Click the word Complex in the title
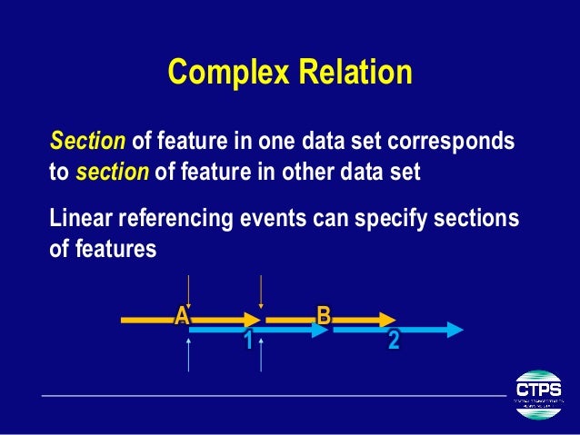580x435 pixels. click(224, 72)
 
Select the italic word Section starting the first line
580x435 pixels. click(88, 143)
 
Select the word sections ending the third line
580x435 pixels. click(484, 220)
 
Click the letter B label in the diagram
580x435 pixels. click(323, 314)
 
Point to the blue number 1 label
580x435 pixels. click(246, 341)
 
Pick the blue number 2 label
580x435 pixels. click(394, 341)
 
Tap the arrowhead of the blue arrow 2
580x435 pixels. click(455, 331)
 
